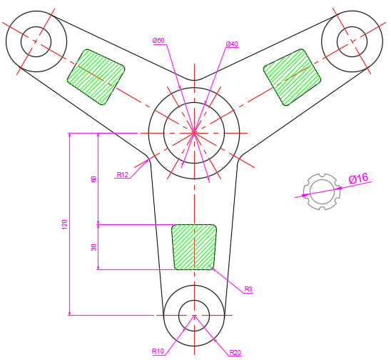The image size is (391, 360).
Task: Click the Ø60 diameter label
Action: (158, 41)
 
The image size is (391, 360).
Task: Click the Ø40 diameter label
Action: (232, 44)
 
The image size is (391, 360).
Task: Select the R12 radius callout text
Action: (123, 175)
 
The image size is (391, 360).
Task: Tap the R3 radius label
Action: (248, 289)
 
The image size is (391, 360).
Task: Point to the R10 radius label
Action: (158, 351)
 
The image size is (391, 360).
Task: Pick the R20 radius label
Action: (235, 353)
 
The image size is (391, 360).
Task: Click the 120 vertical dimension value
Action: (65, 224)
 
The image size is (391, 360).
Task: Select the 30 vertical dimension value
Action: (93, 247)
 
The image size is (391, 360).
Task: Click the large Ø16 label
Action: (358, 179)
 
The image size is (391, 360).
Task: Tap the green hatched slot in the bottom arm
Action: (194, 247)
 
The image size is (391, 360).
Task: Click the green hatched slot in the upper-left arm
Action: (96, 77)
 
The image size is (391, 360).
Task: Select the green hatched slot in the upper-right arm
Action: (292, 77)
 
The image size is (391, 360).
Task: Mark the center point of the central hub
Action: (194, 133)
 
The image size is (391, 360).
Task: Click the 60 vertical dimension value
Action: (93, 179)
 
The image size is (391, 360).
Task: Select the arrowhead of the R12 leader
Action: (147, 161)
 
